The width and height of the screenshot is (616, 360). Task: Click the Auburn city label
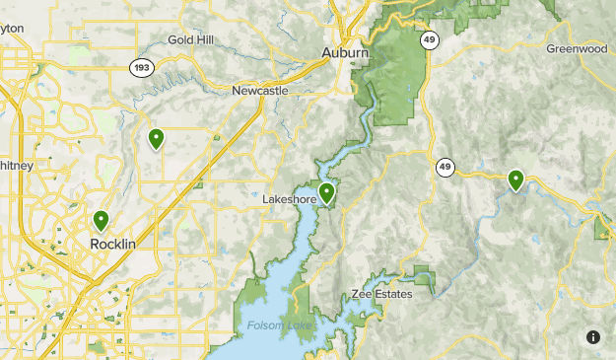pyautogui.click(x=345, y=52)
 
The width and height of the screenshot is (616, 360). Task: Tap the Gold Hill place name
pyautogui.click(x=188, y=39)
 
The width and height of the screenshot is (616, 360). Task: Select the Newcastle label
pyautogui.click(x=260, y=91)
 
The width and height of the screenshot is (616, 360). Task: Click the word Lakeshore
pyautogui.click(x=289, y=199)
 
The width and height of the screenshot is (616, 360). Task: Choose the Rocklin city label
pyautogui.click(x=112, y=244)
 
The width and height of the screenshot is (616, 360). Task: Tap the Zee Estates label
pyautogui.click(x=381, y=295)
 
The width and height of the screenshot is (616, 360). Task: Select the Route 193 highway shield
pyautogui.click(x=142, y=66)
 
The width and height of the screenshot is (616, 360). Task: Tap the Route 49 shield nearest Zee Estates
pyautogui.click(x=446, y=167)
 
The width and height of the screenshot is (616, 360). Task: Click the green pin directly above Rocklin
pyautogui.click(x=101, y=221)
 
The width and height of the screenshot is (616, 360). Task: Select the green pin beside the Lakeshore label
pyautogui.click(x=326, y=192)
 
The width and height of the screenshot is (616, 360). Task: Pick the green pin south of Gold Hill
pyautogui.click(x=156, y=139)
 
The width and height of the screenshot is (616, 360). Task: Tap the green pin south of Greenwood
pyautogui.click(x=515, y=180)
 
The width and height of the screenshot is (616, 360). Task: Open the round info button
pyautogui.click(x=592, y=337)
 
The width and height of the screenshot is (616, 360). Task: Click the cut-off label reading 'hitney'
pyautogui.click(x=16, y=167)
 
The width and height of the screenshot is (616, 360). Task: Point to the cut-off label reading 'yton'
pyautogui.click(x=11, y=29)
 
